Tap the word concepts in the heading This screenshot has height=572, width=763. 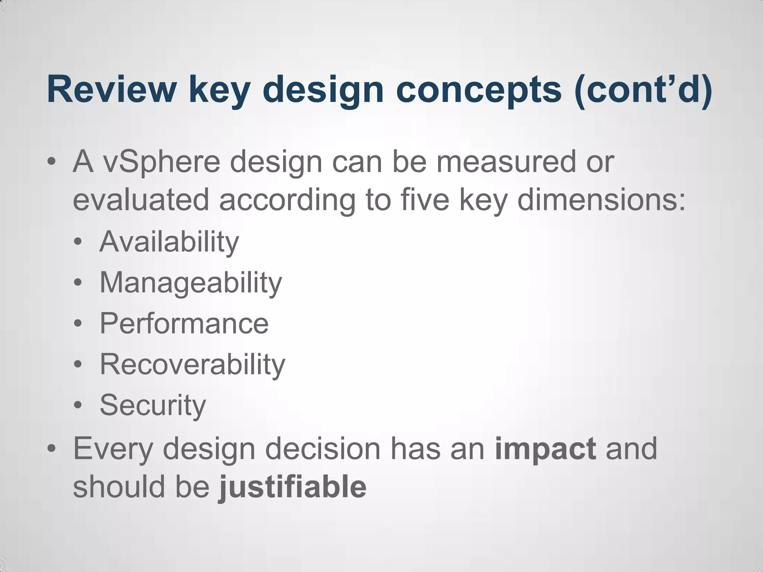(478, 89)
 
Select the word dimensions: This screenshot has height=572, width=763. (601, 200)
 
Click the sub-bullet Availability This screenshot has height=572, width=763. (169, 242)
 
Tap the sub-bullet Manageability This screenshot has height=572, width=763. (191, 283)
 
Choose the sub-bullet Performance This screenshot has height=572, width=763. (184, 323)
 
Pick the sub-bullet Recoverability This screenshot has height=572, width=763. (192, 364)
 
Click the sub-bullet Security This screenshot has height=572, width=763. (153, 405)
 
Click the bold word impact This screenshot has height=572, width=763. (545, 449)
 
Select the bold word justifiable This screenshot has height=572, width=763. (292, 487)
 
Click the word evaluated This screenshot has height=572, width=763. (141, 200)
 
